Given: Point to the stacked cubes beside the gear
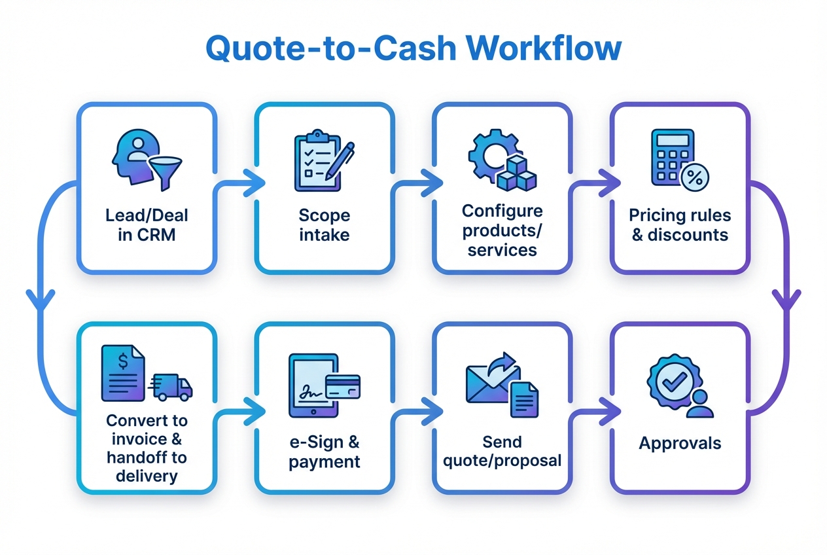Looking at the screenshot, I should coord(516,171).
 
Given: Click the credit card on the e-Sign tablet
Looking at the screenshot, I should coord(342,385).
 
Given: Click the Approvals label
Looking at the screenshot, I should coord(680,443).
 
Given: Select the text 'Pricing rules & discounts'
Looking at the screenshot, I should coord(680,224).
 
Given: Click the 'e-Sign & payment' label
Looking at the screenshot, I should coord(325,452).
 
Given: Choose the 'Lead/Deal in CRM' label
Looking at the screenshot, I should coord(147,224).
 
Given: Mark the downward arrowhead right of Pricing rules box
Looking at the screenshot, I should coord(786,302).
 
